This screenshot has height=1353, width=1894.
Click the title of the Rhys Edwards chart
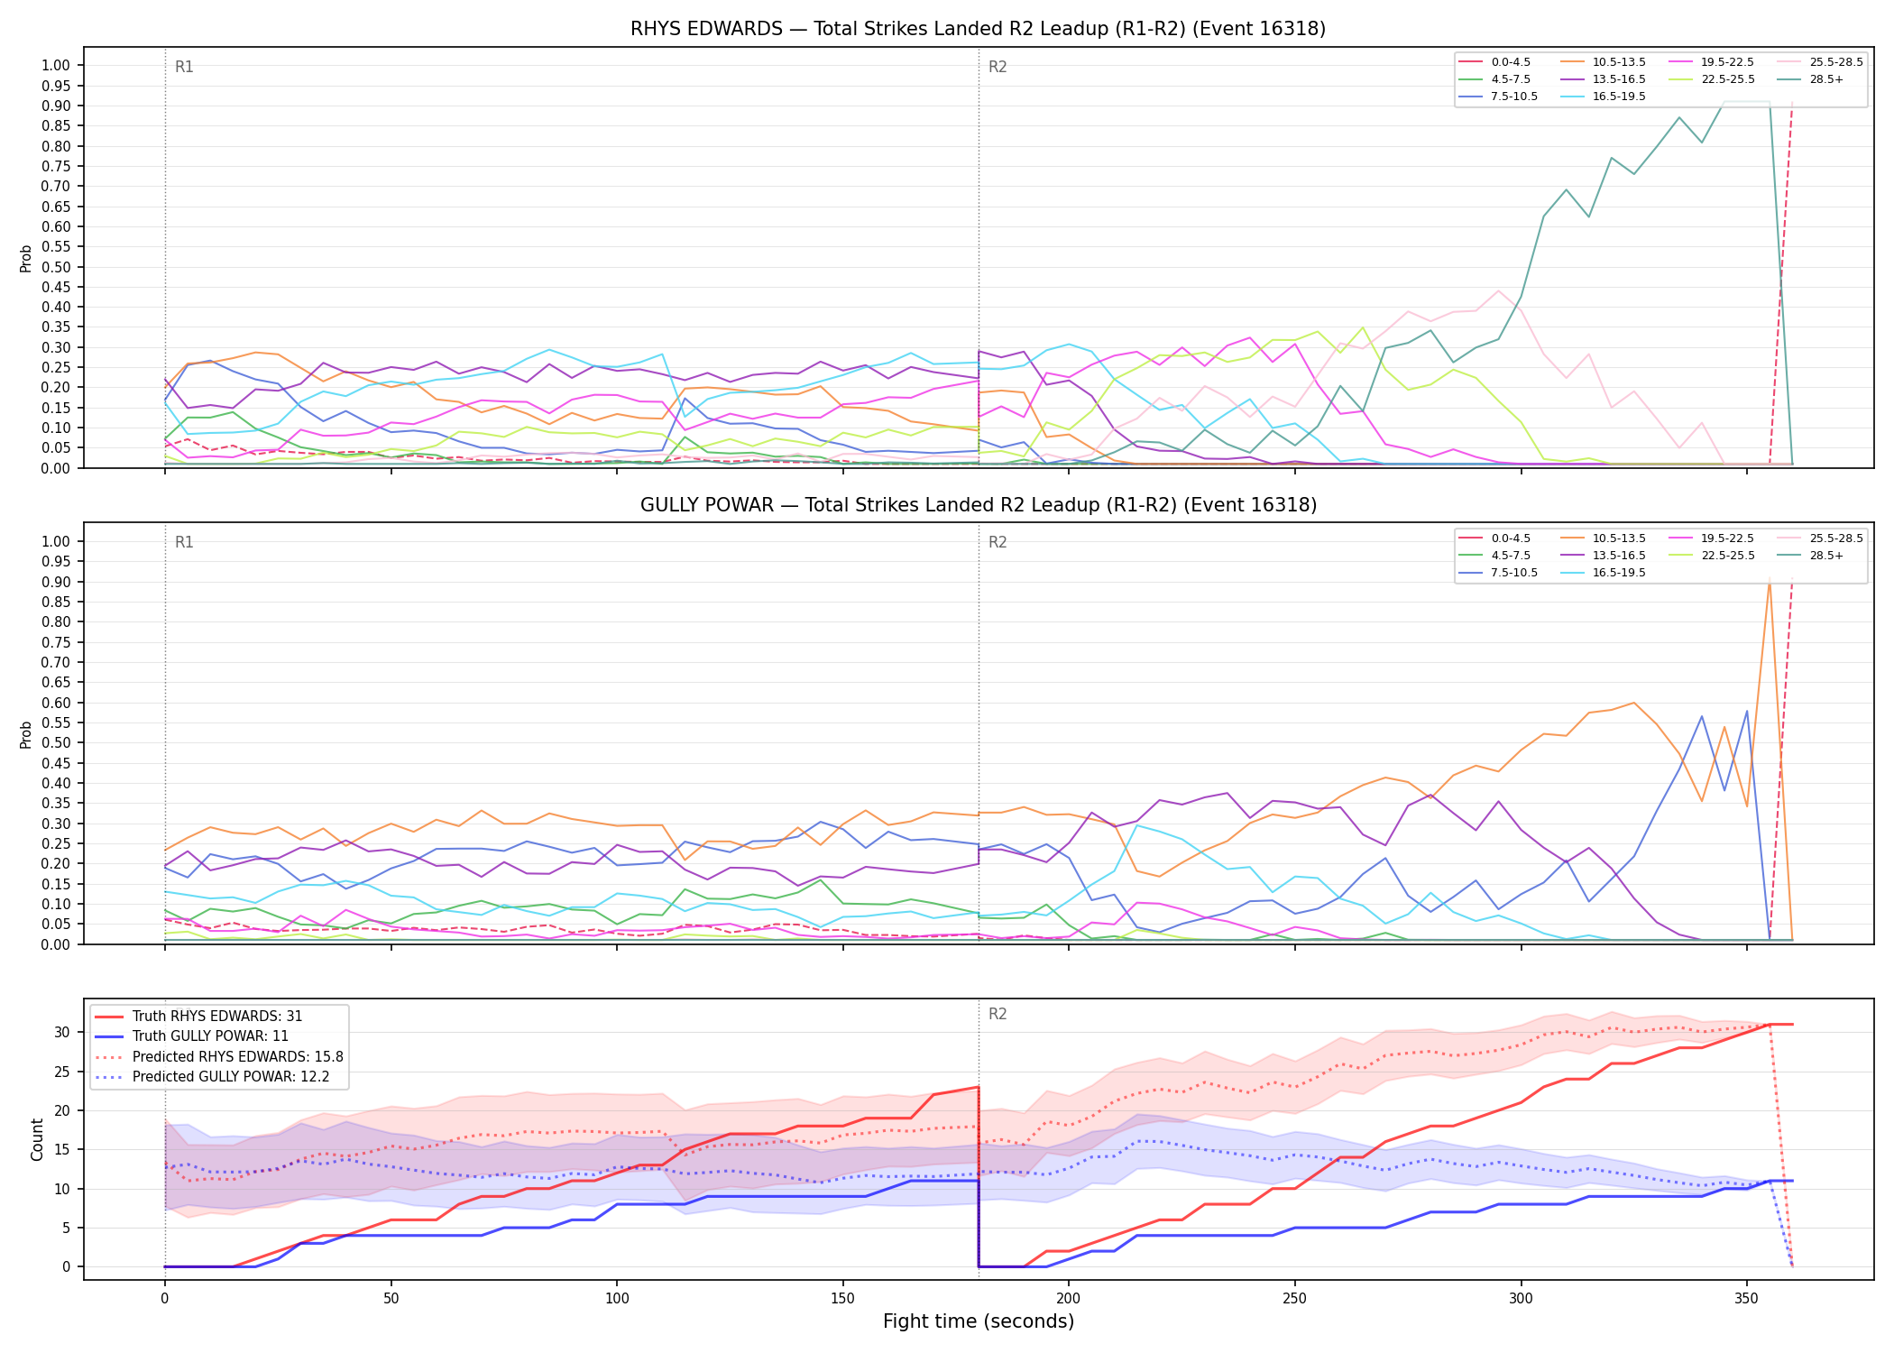(x=978, y=29)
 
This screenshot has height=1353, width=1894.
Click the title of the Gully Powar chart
(x=978, y=505)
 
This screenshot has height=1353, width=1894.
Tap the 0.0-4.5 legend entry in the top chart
(x=1494, y=62)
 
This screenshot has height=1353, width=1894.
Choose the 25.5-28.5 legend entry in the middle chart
(x=1819, y=538)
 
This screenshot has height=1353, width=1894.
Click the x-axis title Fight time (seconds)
(x=979, y=1321)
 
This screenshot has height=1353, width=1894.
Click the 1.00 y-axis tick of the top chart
(x=56, y=65)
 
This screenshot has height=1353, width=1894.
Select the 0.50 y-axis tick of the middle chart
(x=56, y=743)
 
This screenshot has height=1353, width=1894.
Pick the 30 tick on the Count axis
(x=63, y=1032)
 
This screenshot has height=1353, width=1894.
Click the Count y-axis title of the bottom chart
(x=38, y=1139)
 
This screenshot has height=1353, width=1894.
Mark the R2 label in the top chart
(x=998, y=67)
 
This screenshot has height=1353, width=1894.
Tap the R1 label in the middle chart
(x=184, y=542)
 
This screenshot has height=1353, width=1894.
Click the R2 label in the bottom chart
(x=998, y=1014)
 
